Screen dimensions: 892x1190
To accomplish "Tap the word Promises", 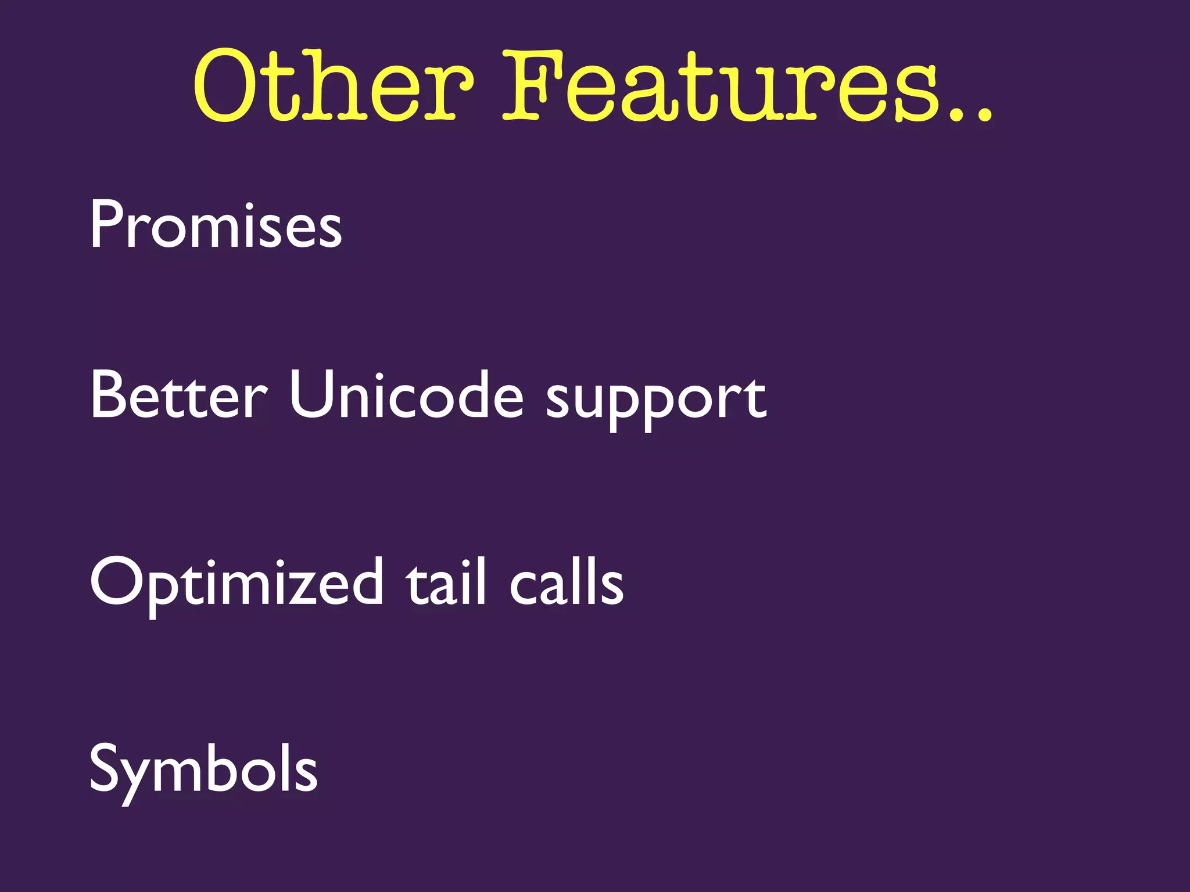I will (216, 225).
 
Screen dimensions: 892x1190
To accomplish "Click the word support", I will (657, 401).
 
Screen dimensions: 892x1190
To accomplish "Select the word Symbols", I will (203, 769).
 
